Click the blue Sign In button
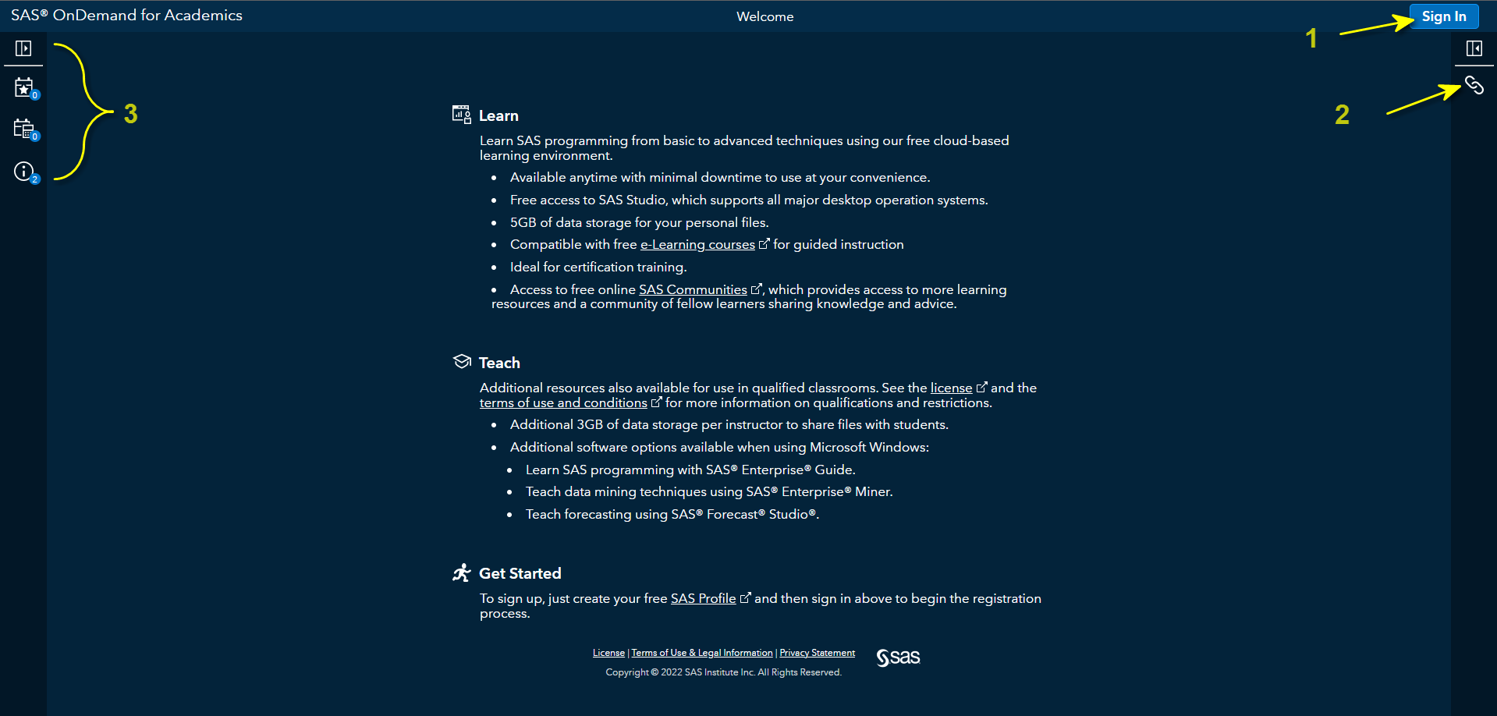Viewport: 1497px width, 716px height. pos(1443,16)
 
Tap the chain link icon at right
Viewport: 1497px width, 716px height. pos(1474,85)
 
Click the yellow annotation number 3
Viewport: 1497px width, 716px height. pos(131,114)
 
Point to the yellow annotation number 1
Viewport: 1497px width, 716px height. pos(1311,38)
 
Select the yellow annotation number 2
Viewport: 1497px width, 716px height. pos(1342,115)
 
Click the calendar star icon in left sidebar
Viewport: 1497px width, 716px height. pos(24,87)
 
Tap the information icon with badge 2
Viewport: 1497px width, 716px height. pos(24,172)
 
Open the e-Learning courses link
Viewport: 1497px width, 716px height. pos(697,245)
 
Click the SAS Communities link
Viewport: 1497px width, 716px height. pos(693,290)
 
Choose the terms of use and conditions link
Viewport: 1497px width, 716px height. pos(562,403)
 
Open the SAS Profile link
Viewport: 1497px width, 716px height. pos(703,599)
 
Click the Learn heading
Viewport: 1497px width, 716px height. pos(498,116)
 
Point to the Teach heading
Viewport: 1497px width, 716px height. pos(499,363)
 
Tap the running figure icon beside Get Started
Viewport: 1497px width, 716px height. pos(462,573)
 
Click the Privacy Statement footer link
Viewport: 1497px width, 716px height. pos(817,654)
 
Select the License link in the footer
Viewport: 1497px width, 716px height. pos(608,654)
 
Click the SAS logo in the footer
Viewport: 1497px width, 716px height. pos(898,658)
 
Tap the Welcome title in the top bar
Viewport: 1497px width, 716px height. pos(764,16)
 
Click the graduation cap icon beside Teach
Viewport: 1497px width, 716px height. pos(462,361)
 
